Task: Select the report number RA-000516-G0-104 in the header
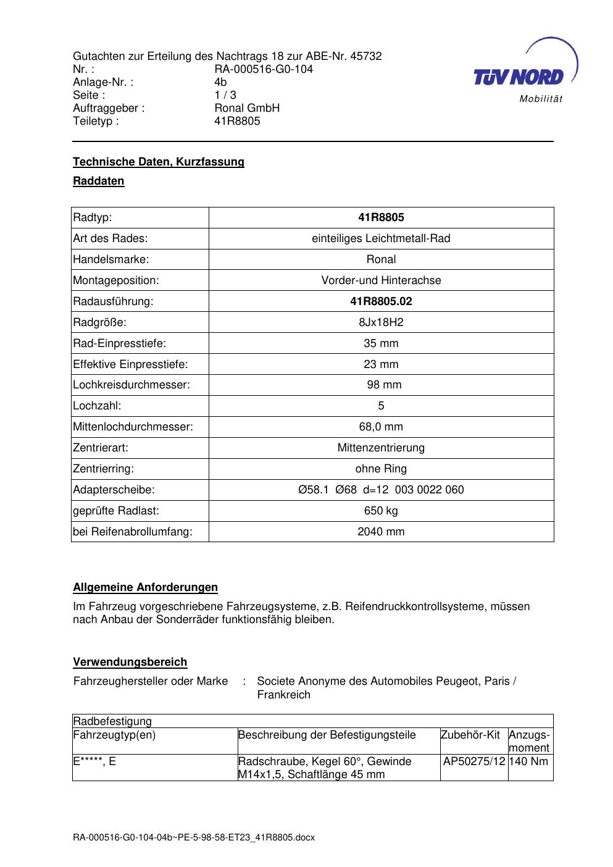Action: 264,69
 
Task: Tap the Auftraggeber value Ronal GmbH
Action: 247,108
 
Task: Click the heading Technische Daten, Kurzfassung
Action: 159,162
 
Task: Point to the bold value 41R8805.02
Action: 381,301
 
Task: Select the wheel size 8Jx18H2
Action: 381,322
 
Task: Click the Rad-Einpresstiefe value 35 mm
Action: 381,343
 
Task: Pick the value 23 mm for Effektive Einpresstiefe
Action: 381,364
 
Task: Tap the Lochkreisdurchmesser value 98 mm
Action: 384,385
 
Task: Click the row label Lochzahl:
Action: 97,406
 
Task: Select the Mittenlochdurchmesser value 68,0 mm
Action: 381,427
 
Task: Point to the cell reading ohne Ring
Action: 381,469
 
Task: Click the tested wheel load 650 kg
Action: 381,511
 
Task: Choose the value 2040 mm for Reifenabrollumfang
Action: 381,532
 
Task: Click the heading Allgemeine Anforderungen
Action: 145,587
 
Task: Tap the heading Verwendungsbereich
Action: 130,662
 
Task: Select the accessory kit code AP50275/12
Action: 474,761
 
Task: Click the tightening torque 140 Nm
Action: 530,761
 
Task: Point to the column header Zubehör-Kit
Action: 470,735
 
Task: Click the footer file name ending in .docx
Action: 194,837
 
